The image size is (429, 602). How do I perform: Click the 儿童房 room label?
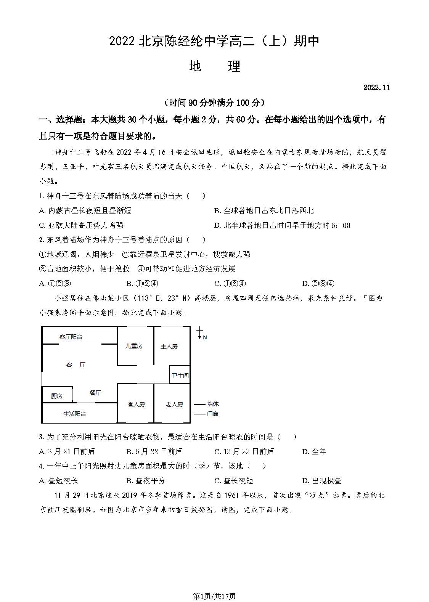134,346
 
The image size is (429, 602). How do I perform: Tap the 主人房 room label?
169,347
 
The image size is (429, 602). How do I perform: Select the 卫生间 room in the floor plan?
180,376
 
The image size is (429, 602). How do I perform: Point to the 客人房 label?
136,404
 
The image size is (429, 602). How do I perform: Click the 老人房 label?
174,404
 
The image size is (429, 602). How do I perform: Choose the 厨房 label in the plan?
56,396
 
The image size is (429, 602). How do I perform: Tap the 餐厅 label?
95,393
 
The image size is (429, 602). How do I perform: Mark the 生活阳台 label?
75,414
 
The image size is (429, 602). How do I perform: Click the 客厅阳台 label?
71,337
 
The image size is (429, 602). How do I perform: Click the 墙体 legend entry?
212,404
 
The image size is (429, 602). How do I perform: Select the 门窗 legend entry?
212,414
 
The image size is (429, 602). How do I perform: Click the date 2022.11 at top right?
376,87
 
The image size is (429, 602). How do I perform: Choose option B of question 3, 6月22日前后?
154,451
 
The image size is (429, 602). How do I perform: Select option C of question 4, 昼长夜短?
234,481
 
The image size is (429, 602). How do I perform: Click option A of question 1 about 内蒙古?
85,210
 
